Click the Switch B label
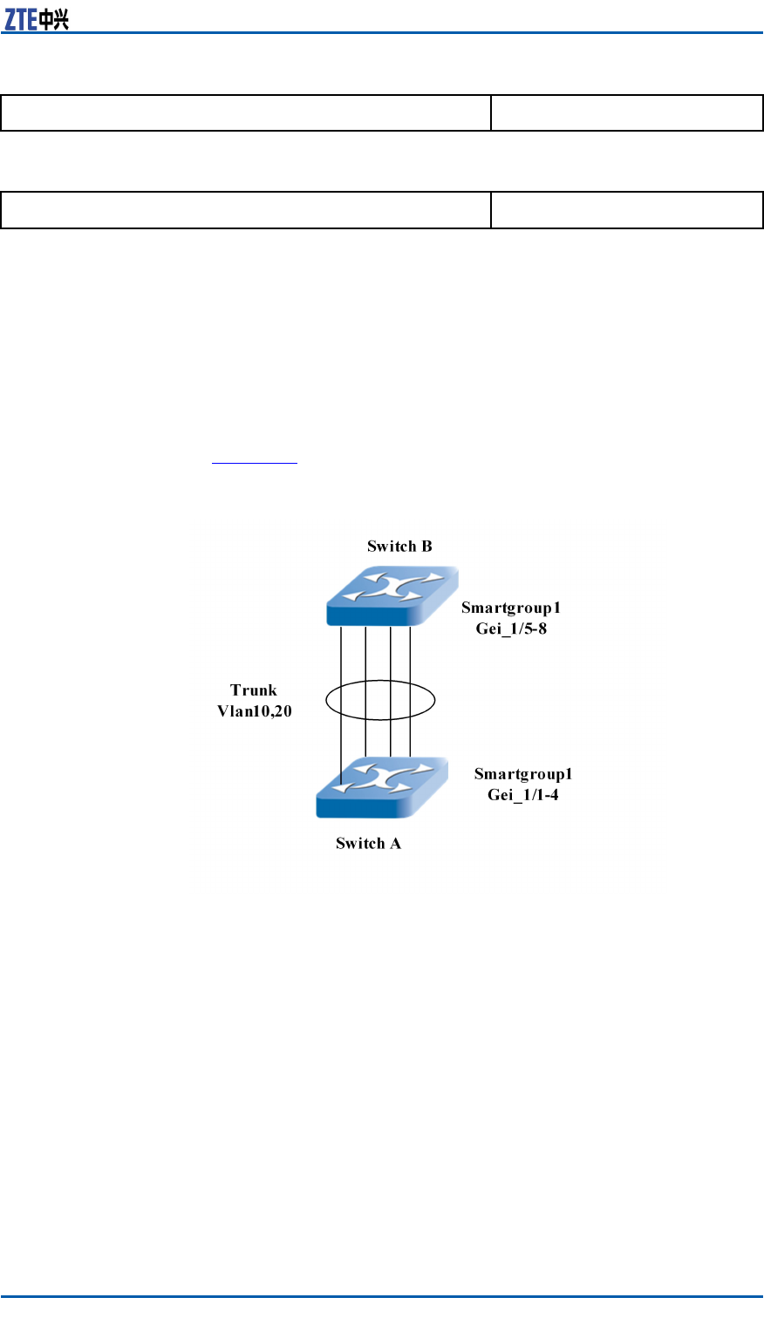click(x=399, y=547)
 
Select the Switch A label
click(x=368, y=843)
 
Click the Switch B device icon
click(x=392, y=596)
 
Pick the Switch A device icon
click(x=381, y=787)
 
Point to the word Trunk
click(x=254, y=690)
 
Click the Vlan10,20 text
click(x=255, y=711)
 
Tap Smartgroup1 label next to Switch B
click(x=511, y=608)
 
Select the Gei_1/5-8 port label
click(x=511, y=628)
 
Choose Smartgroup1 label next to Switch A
click(x=523, y=773)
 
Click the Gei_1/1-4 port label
click(x=523, y=794)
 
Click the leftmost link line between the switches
click(x=341, y=662)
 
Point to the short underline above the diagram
click(x=256, y=463)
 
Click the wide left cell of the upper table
click(x=246, y=113)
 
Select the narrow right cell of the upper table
click(x=626, y=113)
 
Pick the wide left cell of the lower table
click(x=246, y=210)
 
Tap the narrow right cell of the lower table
click(x=626, y=210)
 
